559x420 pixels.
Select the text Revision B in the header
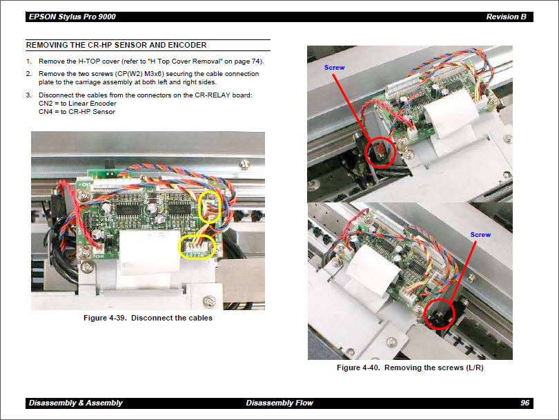pyautogui.click(x=506, y=17)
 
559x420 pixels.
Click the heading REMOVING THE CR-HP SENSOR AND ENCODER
pyautogui.click(x=116, y=46)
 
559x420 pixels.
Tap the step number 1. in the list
pyautogui.click(x=29, y=61)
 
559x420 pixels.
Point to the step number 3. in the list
pyautogui.click(x=29, y=95)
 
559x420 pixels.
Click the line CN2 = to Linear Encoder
pyautogui.click(x=77, y=103)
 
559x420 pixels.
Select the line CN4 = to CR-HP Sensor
pyautogui.click(x=77, y=111)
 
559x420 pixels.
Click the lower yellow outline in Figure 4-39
pyautogui.click(x=198, y=247)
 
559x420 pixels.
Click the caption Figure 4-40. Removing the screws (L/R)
pyautogui.click(x=410, y=367)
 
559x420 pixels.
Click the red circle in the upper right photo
pyautogui.click(x=379, y=151)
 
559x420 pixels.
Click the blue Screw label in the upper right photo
pyautogui.click(x=334, y=68)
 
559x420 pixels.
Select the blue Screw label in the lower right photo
pyautogui.click(x=480, y=235)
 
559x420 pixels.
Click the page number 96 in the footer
pyautogui.click(x=525, y=403)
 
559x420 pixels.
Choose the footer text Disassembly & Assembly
pyautogui.click(x=75, y=403)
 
